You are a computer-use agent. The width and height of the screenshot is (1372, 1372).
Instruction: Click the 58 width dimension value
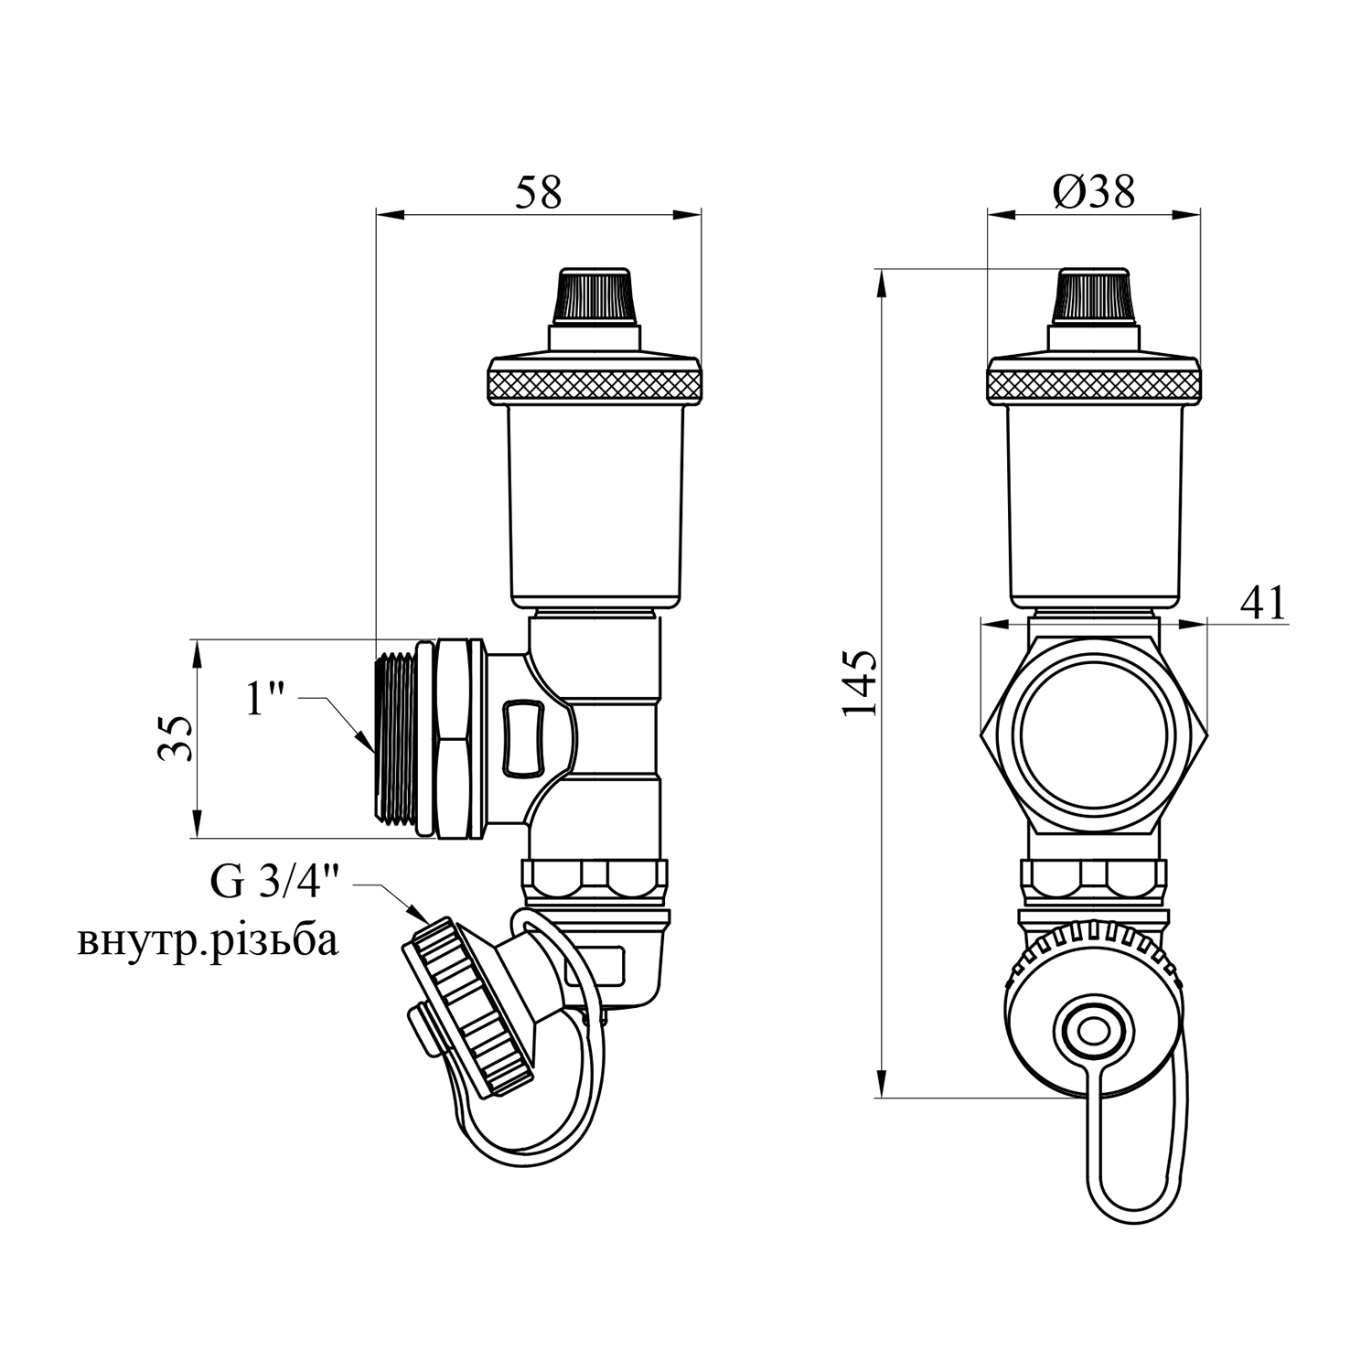(x=538, y=192)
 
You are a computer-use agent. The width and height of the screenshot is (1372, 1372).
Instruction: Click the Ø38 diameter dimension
(x=1093, y=192)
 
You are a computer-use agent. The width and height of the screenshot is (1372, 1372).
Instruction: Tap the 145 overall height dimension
(x=861, y=683)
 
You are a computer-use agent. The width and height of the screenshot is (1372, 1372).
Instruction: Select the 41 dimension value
(x=1263, y=604)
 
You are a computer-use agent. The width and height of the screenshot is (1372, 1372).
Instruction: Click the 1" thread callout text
(x=266, y=701)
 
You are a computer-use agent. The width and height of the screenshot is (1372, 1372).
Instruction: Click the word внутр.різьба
(x=208, y=941)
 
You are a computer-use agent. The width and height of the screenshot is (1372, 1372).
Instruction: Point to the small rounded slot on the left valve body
(x=522, y=737)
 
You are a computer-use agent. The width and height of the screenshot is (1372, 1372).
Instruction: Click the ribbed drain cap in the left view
(x=466, y=1006)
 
